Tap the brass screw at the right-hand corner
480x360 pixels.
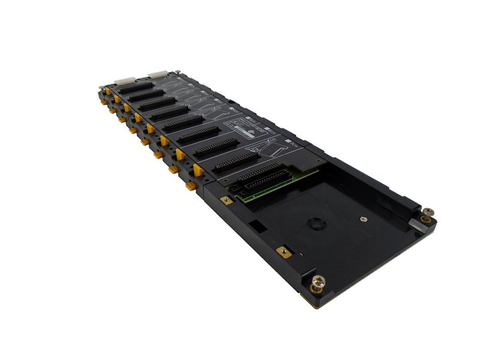pos(427,215)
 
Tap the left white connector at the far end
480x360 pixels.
pos(124,80)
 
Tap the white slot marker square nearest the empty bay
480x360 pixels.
pos(295,144)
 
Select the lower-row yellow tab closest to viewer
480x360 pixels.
pos(190,186)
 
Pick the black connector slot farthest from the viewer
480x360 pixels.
pos(136,88)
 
